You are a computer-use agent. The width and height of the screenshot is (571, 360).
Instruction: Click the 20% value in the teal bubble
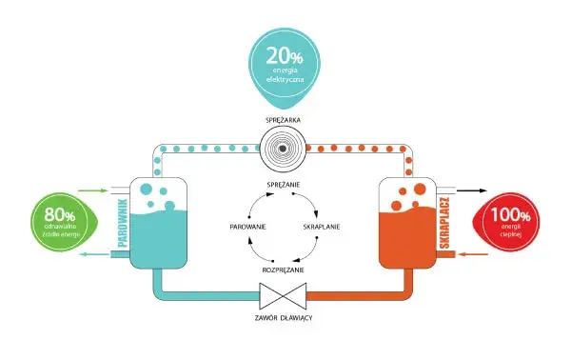pos(285,56)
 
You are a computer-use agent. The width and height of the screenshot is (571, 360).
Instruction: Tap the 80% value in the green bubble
pos(60,214)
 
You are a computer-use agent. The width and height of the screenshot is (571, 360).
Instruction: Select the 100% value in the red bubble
pos(510,214)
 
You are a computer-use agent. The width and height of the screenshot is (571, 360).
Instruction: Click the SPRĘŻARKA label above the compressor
pos(284,120)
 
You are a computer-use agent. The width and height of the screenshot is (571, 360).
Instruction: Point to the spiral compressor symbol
pos(283,149)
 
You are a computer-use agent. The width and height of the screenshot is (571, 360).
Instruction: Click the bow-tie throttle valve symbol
pos(283,296)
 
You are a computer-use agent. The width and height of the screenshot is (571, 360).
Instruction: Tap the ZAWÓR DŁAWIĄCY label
pos(284,318)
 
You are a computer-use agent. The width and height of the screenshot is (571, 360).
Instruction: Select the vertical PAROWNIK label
pos(123,223)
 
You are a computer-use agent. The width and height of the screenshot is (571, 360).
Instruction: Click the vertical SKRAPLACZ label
pos(444,223)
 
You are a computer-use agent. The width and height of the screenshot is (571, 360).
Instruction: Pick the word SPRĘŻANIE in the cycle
pos(284,185)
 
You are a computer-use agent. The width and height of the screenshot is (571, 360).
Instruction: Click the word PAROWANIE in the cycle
pos(248,227)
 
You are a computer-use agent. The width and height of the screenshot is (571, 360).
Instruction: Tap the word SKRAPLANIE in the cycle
pos(322,227)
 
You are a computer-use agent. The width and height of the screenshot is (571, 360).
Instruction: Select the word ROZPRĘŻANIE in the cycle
pos(283,270)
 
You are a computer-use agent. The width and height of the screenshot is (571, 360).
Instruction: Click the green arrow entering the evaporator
pos(92,190)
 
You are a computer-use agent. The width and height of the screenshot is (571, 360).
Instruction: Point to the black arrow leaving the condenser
pos(472,190)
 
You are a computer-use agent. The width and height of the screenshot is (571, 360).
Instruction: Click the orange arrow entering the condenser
pos(472,254)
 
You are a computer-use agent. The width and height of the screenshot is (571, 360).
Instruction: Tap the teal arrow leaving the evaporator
pos(94,254)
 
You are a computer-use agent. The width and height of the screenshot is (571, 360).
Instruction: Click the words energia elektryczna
pos(285,74)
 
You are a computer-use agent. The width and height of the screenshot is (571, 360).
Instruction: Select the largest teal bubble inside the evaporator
pos(146,190)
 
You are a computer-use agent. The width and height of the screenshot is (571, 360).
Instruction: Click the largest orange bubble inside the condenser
pos(420,189)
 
